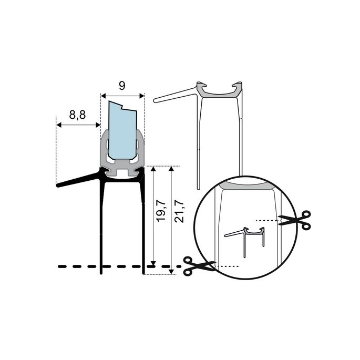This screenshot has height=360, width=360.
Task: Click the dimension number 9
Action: tap(122, 86)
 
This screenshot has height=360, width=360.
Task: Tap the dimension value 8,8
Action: tap(77, 115)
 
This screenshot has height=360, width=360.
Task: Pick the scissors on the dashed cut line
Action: tap(199, 265)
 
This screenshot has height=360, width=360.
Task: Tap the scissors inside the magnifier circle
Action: tap(295, 220)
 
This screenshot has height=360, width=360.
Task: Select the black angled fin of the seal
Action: tap(79, 179)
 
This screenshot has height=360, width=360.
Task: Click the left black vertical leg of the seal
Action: tap(102, 226)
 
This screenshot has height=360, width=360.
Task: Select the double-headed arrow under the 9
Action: tap(122, 96)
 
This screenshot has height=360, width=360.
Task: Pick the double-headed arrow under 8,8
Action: tap(78, 125)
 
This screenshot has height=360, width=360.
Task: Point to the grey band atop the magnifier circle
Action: tap(248, 185)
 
